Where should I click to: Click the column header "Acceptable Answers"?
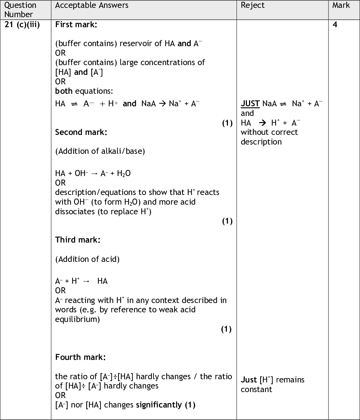(92, 5)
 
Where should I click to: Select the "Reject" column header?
(253, 5)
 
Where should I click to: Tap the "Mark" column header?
(341, 5)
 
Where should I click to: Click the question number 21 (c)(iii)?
(22, 25)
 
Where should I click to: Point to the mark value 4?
(335, 25)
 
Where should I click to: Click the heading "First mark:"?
(76, 25)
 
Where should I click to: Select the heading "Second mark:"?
(81, 132)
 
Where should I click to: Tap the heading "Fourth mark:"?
(80, 357)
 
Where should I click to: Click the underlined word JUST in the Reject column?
(250, 104)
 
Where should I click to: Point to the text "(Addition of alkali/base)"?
(100, 151)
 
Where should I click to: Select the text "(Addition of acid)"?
(87, 259)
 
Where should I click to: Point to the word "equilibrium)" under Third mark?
(77, 319)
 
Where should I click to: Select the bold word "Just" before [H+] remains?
(249, 380)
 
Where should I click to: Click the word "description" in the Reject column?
(261, 142)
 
